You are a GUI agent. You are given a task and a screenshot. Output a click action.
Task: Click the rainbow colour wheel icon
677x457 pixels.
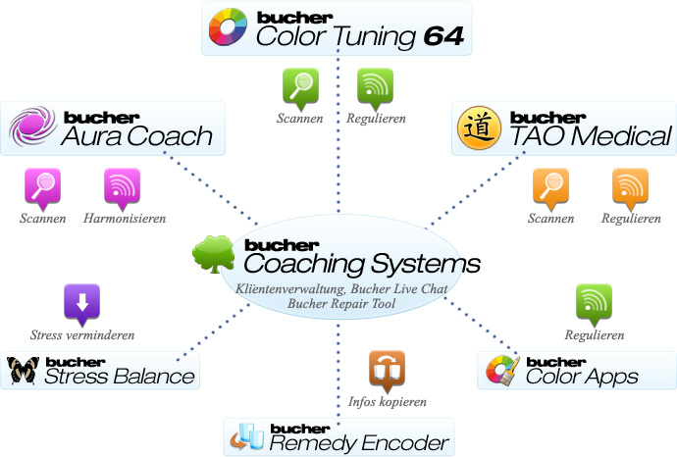tap(229, 28)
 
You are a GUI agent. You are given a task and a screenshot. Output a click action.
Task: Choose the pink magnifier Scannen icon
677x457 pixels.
tap(43, 187)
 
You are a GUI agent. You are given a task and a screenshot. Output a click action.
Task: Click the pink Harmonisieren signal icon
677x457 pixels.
tap(122, 187)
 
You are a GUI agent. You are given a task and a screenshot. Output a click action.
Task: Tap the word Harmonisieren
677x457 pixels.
tap(123, 219)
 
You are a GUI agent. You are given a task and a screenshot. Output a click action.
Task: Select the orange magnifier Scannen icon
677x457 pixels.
tap(550, 187)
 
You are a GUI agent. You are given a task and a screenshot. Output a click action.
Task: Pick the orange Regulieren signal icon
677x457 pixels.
tap(630, 187)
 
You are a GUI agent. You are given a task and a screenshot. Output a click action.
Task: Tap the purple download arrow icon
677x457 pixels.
tap(81, 303)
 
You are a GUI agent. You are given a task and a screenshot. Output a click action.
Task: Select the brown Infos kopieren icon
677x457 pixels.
tap(387, 370)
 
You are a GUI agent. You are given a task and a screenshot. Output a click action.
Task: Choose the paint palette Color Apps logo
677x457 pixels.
tap(500, 371)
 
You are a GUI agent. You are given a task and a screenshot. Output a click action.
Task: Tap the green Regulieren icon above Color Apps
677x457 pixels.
tap(595, 303)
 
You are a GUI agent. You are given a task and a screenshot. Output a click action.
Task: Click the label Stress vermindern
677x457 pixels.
tap(82, 335)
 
